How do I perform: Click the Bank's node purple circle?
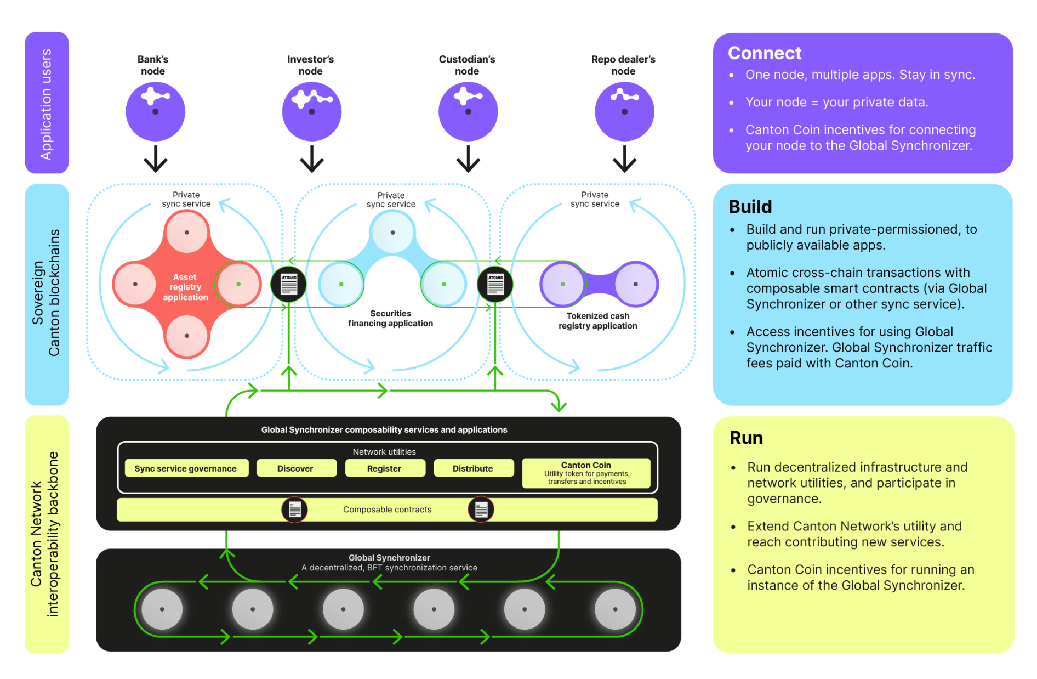click(x=155, y=111)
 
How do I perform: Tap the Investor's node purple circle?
click(x=311, y=111)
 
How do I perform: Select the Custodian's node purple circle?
click(x=468, y=111)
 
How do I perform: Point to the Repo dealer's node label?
click(x=623, y=65)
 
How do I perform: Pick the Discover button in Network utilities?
click(x=296, y=468)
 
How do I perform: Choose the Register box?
click(x=385, y=468)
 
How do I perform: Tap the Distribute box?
click(x=474, y=468)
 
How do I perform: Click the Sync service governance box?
click(x=186, y=468)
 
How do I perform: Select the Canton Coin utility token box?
click(x=586, y=473)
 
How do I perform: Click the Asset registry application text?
click(x=185, y=287)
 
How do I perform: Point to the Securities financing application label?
click(x=390, y=319)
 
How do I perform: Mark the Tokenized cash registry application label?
click(x=597, y=321)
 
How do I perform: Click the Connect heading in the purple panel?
click(x=764, y=53)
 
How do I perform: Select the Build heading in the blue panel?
click(x=750, y=207)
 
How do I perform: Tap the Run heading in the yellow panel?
click(x=746, y=438)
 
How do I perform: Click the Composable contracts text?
click(x=387, y=510)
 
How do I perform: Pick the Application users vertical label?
click(x=47, y=104)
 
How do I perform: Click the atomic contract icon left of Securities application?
click(x=289, y=284)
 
